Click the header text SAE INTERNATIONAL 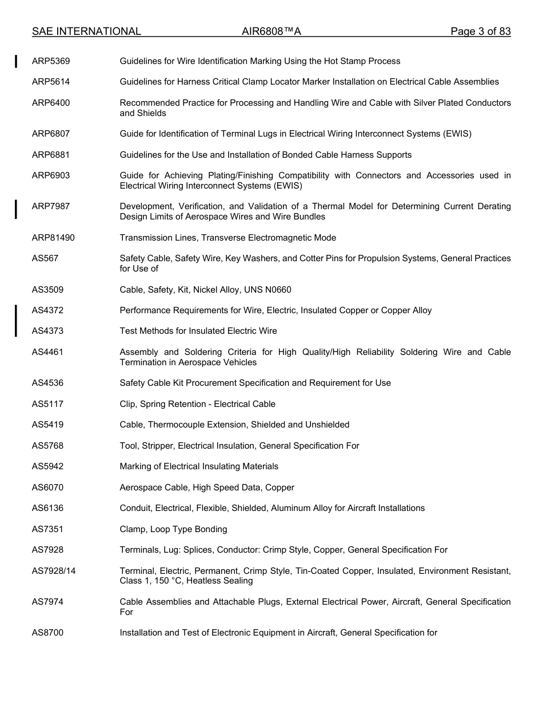point(86,31)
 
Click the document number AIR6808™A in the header point(271,31)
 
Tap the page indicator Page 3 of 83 point(480,31)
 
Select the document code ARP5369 point(51,61)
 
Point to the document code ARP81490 point(53,238)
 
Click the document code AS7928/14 point(54,571)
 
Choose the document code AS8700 point(48,633)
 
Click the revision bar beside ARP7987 point(17,209)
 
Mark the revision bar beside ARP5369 point(17,61)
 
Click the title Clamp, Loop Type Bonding point(173,529)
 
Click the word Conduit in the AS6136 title point(135,508)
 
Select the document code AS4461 point(48,352)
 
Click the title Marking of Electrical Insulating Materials point(199,466)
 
